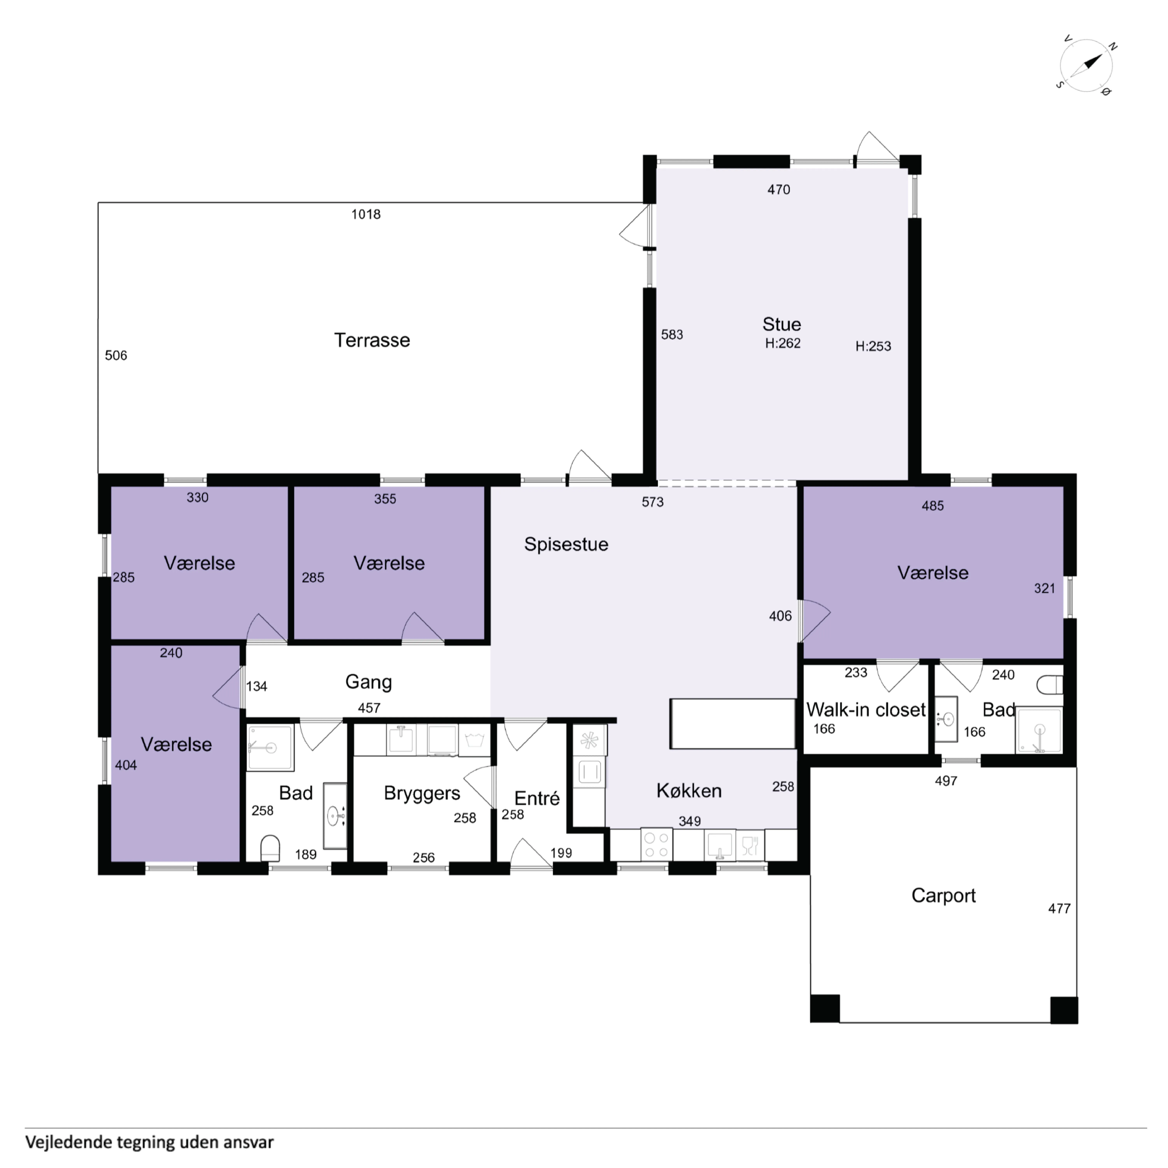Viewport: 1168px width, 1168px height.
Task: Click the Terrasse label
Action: (372, 340)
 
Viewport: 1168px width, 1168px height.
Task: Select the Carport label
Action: (943, 895)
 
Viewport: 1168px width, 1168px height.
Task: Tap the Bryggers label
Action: (422, 793)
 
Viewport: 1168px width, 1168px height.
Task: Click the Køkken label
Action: (689, 791)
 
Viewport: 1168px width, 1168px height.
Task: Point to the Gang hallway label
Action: (368, 682)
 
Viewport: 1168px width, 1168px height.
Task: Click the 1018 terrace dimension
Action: (366, 214)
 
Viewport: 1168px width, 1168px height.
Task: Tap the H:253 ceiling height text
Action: (873, 346)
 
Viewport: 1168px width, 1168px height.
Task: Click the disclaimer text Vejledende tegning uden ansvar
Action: (149, 1142)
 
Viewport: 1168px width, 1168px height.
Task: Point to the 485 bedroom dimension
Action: (932, 506)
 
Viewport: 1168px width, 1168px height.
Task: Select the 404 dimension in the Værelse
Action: (126, 765)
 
